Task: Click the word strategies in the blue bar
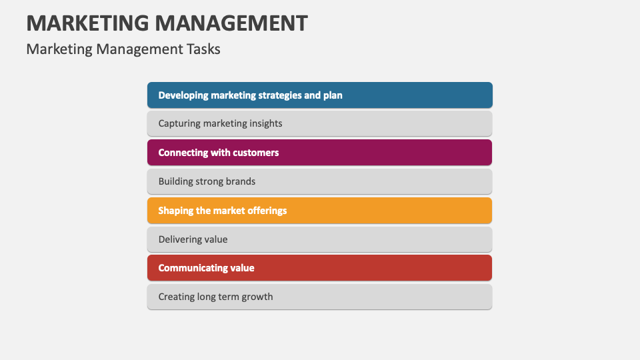point(276,95)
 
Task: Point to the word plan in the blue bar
point(333,95)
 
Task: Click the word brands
point(240,181)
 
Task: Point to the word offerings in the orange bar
point(264,211)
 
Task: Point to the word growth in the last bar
point(257,297)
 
